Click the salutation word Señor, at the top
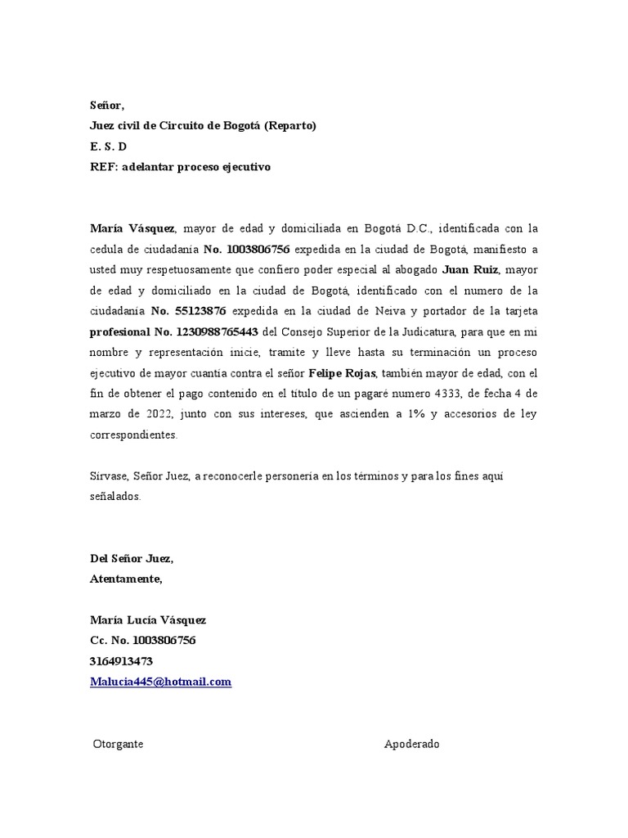(x=106, y=106)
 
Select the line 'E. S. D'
(x=108, y=146)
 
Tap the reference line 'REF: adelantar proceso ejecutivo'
(x=179, y=167)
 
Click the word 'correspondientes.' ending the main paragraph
(x=132, y=435)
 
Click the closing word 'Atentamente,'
(x=126, y=579)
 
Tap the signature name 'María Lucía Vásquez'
(x=148, y=620)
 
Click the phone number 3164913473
(x=121, y=661)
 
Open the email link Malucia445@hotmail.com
(x=160, y=682)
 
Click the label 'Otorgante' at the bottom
(x=119, y=744)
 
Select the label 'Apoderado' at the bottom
(x=412, y=744)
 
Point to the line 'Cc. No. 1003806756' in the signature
(x=142, y=641)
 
